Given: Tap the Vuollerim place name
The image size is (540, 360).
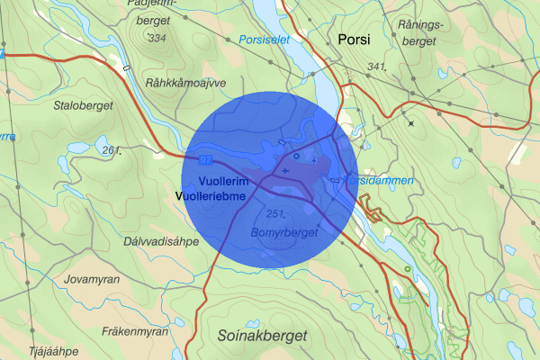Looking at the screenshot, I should point(206,183).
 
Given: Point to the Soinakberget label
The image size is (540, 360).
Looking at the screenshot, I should point(262,335).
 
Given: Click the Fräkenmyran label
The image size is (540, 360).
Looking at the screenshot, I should point(135,331).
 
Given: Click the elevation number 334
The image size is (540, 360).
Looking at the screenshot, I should point(158,38).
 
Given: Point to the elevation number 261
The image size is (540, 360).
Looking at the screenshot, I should point(111,149).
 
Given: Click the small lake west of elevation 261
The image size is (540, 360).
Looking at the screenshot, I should point(79,146).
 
